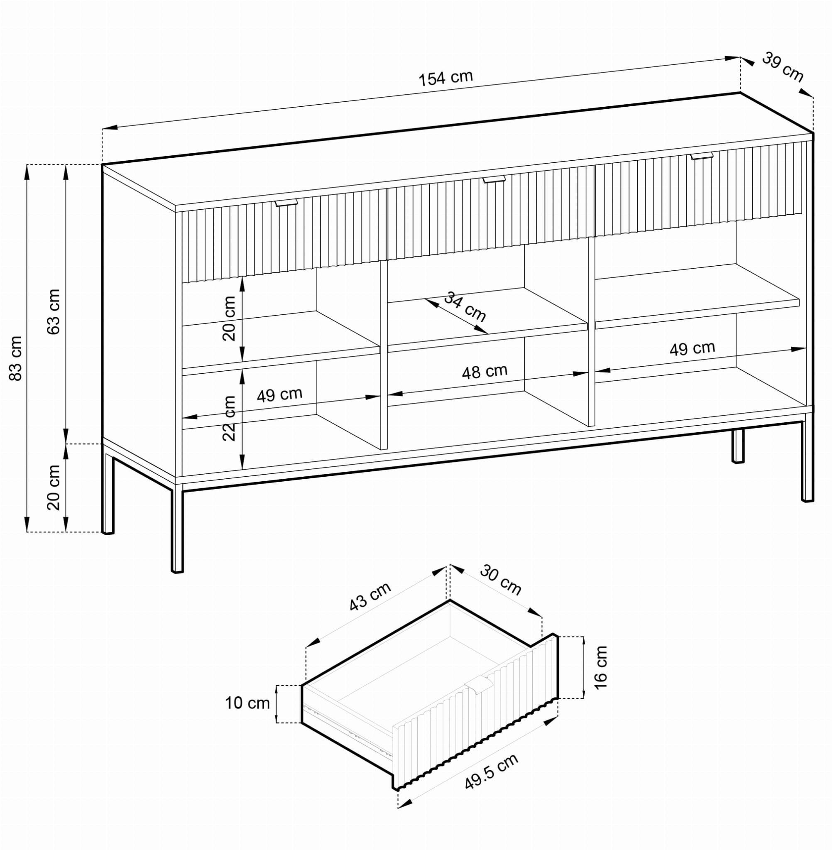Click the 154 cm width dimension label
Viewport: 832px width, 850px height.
[x=446, y=78]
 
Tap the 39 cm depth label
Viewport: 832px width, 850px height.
[x=783, y=67]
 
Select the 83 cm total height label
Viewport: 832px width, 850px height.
[x=15, y=358]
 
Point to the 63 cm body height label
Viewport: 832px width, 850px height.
[x=53, y=311]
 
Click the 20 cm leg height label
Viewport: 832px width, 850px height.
[x=53, y=487]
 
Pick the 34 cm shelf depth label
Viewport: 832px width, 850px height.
[x=465, y=307]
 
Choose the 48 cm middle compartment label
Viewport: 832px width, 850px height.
[x=485, y=372]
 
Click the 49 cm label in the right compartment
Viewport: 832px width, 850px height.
[x=692, y=348]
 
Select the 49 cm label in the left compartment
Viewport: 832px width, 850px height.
[x=279, y=394]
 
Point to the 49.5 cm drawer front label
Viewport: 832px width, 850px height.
[x=491, y=772]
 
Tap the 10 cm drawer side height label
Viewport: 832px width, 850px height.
[x=247, y=703]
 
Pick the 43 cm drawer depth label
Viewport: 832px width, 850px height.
[x=370, y=597]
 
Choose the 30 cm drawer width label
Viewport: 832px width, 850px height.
[x=501, y=580]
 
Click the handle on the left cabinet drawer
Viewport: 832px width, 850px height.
[x=286, y=202]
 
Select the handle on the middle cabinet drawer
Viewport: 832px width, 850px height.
[x=494, y=179]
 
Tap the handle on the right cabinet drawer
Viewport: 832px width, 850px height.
[x=702, y=156]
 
